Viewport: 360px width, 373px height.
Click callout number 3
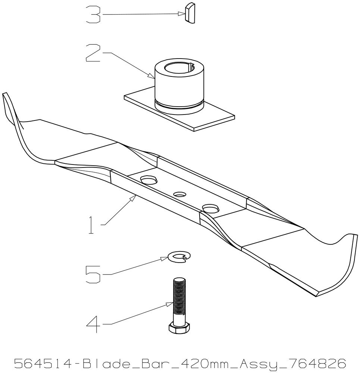tap(93, 14)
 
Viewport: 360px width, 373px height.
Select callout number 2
tap(93, 53)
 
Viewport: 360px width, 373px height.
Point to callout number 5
tap(93, 274)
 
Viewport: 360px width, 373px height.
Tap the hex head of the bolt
tap(179, 327)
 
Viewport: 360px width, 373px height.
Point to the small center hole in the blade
tap(180, 194)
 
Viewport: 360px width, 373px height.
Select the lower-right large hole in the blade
tap(210, 208)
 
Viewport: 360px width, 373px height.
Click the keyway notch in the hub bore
tap(191, 65)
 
